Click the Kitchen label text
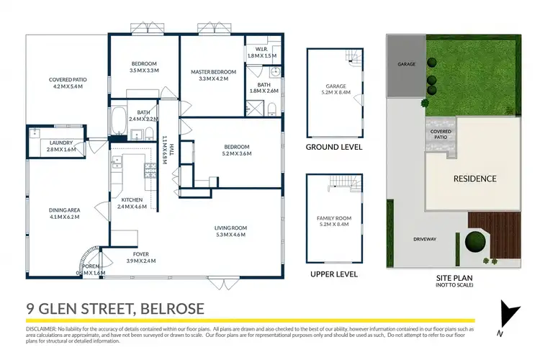[x=132, y=199]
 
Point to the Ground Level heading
[x=333, y=147]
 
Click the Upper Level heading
[x=333, y=274]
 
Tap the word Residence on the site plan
[x=474, y=179]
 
